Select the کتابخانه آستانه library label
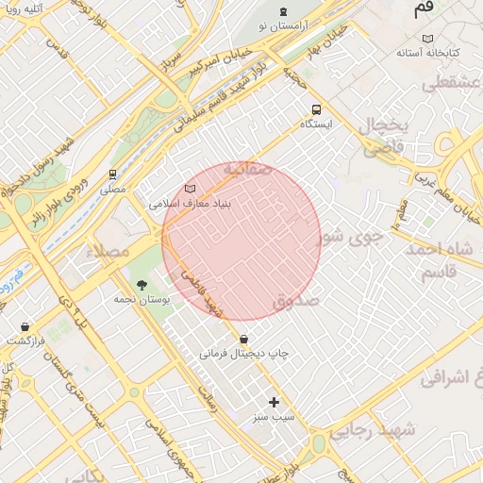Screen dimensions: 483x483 [x=427, y=54]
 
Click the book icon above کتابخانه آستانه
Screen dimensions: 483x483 [x=428, y=39]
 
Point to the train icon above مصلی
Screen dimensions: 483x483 [x=113, y=174]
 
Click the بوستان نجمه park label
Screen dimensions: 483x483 [x=142, y=298]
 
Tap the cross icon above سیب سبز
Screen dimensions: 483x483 [x=275, y=402]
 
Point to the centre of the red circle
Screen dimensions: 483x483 [x=241, y=240]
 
